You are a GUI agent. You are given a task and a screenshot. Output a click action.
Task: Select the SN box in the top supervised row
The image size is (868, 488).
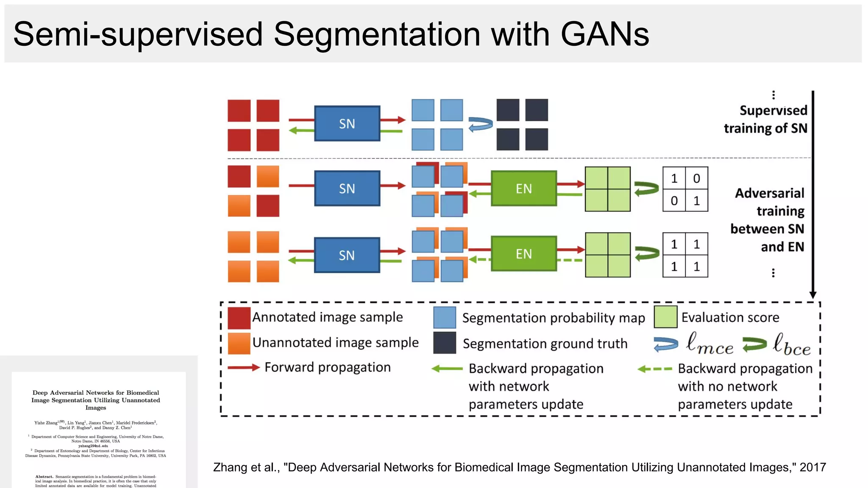pos(347,124)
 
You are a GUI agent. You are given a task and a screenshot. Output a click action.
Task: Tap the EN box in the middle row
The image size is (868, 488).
pos(523,189)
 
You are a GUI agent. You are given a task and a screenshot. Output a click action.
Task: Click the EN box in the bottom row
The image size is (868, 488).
pos(523,254)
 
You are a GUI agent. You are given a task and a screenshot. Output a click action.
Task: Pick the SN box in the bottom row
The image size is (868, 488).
pos(347,255)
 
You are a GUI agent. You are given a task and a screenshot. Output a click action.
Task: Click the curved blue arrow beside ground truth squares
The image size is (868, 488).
pos(481,125)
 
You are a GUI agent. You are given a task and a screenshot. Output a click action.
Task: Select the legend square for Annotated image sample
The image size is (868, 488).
pos(239,318)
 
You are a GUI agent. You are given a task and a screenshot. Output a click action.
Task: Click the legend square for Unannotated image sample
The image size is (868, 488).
pos(239,343)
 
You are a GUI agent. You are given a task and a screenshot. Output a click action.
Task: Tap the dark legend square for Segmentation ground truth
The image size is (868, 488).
pos(445,343)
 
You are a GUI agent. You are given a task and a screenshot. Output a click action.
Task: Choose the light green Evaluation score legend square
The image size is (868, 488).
pos(665,317)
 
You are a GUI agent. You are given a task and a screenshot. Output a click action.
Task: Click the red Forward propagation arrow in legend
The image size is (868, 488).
pos(244,367)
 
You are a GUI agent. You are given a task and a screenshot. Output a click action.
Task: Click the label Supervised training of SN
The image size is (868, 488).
pos(765,119)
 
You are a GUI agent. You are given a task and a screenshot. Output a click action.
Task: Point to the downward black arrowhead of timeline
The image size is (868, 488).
pos(812,295)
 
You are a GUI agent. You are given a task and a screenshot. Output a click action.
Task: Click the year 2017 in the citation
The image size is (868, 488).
pos(812,467)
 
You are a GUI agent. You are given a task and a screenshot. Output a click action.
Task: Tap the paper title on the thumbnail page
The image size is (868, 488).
pos(96,400)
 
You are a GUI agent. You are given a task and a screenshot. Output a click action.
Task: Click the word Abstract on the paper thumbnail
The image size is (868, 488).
pos(44,477)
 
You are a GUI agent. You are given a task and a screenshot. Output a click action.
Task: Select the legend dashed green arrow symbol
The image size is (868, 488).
pos(654,369)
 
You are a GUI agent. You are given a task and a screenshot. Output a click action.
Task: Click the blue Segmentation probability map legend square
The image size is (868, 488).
pos(445,318)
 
